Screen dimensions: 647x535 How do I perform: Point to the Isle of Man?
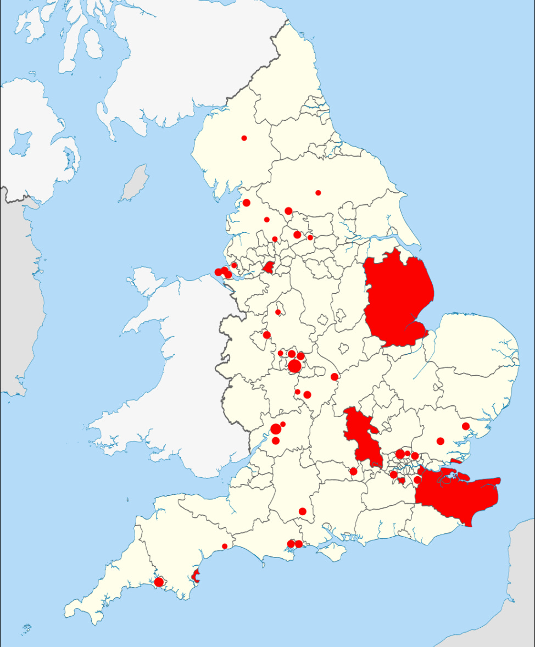(134, 183)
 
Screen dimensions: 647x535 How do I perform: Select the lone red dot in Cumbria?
(244, 138)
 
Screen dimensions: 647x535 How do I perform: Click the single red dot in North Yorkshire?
(318, 192)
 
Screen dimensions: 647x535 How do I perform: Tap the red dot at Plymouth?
(159, 582)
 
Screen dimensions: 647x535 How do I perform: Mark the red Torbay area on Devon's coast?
(196, 577)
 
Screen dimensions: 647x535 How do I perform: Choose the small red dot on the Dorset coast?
(225, 546)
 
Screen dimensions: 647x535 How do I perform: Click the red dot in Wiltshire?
(302, 511)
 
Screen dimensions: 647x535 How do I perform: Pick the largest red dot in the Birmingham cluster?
(294, 366)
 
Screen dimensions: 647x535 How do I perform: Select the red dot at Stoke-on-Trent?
(278, 312)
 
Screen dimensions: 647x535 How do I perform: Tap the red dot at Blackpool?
(247, 203)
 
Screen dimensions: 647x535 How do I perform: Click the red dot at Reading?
(353, 471)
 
